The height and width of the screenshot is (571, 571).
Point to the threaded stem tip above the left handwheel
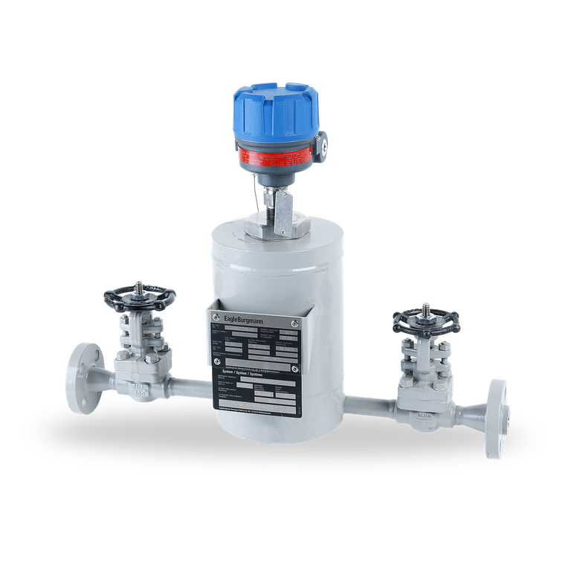tap(139, 284)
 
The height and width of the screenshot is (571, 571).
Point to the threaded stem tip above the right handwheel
tap(425, 307)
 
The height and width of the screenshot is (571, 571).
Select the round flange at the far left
tap(77, 368)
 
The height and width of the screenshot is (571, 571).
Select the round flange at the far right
tap(497, 418)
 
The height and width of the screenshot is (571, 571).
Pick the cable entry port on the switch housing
tap(323, 146)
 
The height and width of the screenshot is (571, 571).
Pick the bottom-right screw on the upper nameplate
tap(295, 369)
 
